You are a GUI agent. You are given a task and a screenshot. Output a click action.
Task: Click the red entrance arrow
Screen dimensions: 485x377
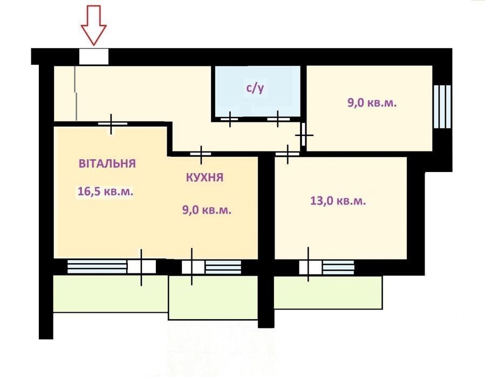click(94, 25)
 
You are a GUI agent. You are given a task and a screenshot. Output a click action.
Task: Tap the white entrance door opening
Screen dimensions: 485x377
click(94, 56)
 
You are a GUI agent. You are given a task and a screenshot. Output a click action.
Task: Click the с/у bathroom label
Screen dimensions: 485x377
click(255, 88)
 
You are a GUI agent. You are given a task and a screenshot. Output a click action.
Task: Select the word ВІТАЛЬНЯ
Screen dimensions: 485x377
click(107, 163)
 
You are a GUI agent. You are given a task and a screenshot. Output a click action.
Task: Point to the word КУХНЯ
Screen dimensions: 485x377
click(204, 177)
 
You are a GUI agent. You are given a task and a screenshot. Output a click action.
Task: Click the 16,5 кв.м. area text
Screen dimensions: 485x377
click(106, 191)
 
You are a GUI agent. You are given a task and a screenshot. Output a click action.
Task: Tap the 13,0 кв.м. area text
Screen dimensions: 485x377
click(338, 201)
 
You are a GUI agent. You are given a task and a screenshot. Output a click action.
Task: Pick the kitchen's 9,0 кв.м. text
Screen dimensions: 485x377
click(207, 210)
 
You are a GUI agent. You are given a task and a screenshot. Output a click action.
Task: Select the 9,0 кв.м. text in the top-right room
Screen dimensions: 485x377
click(372, 102)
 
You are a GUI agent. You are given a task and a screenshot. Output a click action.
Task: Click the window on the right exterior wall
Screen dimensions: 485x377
click(442, 106)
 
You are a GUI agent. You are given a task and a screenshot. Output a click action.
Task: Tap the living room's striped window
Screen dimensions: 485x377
click(97, 266)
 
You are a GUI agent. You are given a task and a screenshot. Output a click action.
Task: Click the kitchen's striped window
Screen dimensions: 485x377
click(223, 267)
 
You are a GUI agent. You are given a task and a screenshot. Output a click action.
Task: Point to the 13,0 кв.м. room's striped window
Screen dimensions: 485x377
click(338, 267)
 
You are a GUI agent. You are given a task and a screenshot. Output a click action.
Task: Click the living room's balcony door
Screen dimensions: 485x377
click(142, 267)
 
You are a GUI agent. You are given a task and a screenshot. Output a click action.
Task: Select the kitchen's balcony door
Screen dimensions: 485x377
click(193, 267)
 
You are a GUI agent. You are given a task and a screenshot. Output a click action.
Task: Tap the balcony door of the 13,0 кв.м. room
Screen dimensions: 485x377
click(310, 267)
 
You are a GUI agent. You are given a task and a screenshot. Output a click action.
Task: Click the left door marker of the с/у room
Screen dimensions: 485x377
click(229, 119)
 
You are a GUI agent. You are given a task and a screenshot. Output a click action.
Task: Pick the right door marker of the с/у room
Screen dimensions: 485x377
click(278, 119)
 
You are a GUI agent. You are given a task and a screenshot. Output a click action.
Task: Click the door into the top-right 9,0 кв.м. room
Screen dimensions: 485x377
click(303, 134)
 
